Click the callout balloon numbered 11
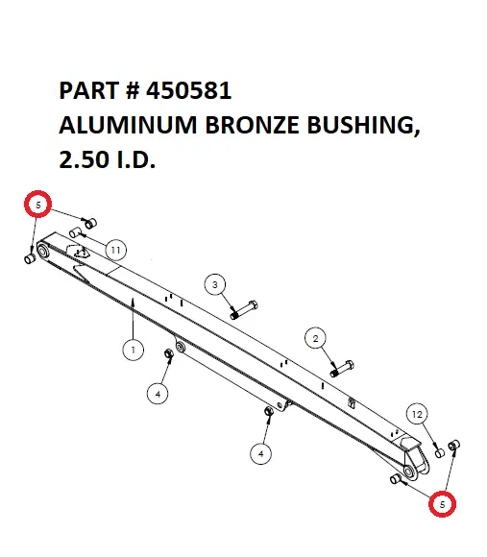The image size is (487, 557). (115, 251)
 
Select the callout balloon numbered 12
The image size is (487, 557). (416, 413)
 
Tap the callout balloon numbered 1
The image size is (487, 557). (133, 351)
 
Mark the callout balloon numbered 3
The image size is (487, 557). (215, 284)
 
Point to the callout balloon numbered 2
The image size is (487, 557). (314, 337)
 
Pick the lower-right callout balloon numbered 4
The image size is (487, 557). (261, 451)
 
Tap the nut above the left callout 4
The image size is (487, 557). (169, 356)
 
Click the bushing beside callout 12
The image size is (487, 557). (440, 450)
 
